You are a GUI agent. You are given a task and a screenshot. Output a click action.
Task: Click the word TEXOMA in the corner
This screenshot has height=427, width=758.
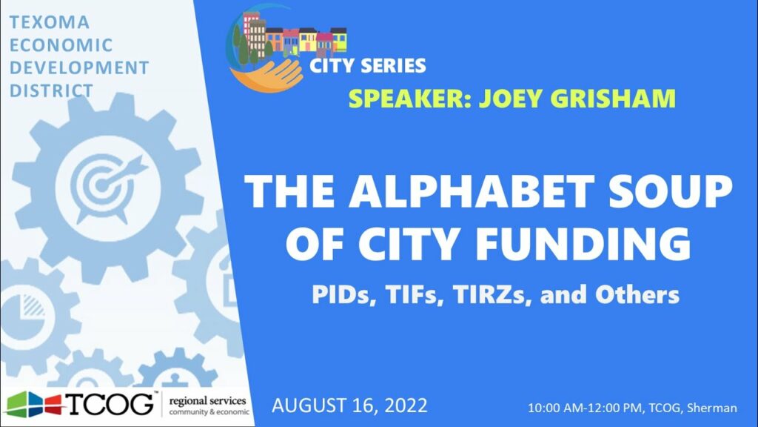pos(50,22)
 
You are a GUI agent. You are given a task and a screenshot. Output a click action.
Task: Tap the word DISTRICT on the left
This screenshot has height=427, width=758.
pos(51,90)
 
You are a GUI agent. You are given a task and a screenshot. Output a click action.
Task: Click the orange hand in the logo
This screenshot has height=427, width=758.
pos(270,75)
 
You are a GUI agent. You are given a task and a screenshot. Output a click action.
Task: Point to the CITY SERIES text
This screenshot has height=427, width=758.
pos(367,66)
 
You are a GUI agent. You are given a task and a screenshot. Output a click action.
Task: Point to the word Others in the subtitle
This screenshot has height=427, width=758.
pos(637,295)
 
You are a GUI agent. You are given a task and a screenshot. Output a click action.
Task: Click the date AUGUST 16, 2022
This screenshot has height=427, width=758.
pos(349,406)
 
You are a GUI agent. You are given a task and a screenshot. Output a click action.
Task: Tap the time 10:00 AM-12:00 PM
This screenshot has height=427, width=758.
pos(585,408)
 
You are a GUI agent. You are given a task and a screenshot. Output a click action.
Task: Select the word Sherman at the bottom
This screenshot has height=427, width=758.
pos(712,408)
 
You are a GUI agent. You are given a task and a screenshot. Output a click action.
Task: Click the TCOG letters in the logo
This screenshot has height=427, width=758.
pos(110,404)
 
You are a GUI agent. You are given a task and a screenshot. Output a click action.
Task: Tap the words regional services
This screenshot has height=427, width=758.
pos(207,401)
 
